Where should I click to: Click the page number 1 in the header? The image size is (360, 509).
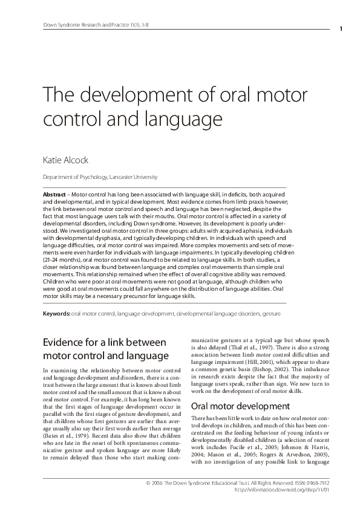click(x=342, y=28)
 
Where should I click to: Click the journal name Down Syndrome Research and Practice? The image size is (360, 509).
click(x=80, y=25)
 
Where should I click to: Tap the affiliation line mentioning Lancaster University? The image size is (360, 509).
click(x=99, y=177)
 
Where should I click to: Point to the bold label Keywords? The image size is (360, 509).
click(x=56, y=314)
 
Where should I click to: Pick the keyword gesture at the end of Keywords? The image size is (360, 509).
click(x=270, y=314)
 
